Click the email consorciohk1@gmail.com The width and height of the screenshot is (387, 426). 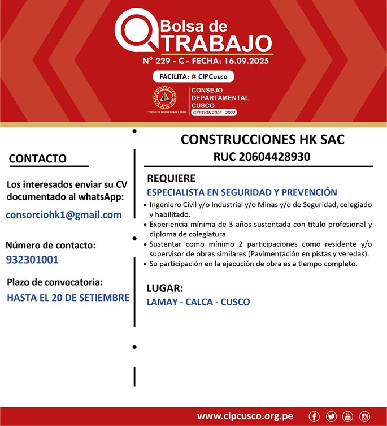(x=64, y=215)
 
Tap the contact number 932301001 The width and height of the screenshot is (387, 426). (x=32, y=260)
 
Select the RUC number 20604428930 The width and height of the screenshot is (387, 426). (x=262, y=157)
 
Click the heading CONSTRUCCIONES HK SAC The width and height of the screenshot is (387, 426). (x=262, y=140)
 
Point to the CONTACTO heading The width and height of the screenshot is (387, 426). (x=38, y=159)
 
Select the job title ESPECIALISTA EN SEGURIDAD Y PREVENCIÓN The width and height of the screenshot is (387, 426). (x=242, y=192)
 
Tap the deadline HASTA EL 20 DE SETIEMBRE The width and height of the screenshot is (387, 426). (x=68, y=297)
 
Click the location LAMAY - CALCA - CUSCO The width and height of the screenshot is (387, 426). (x=198, y=302)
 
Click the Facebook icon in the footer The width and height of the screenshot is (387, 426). (x=315, y=416)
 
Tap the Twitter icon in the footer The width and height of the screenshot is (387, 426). (x=331, y=416)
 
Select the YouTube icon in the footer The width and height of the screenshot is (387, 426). (x=347, y=416)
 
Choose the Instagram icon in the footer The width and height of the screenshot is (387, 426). (x=364, y=416)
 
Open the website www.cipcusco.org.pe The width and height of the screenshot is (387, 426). (x=245, y=416)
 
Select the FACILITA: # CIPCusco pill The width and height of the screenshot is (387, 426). (x=193, y=76)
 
